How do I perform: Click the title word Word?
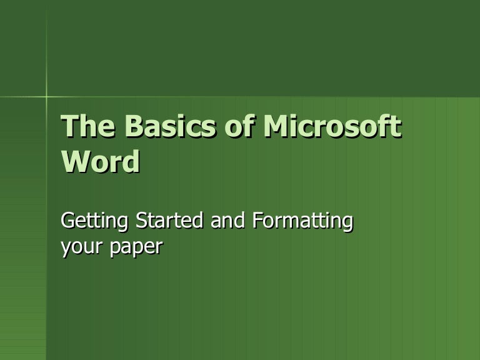click(100, 161)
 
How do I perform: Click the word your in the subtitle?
click(79, 248)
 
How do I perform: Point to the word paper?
click(134, 248)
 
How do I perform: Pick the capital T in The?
click(68, 128)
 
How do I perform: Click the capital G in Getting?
click(67, 221)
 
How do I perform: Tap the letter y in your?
click(65, 249)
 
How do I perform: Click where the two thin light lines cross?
click(47, 97)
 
